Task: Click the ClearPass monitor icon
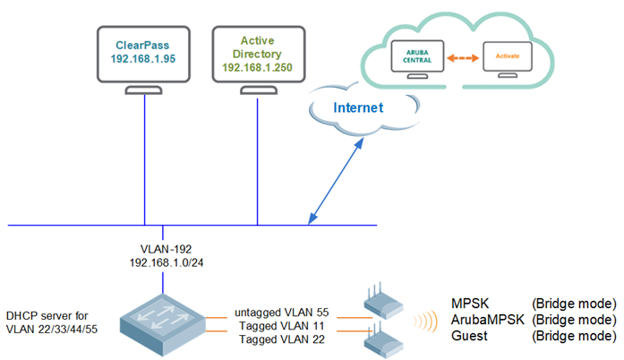click(144, 58)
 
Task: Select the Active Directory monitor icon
click(258, 58)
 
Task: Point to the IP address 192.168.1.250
click(258, 67)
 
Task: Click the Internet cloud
click(358, 108)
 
